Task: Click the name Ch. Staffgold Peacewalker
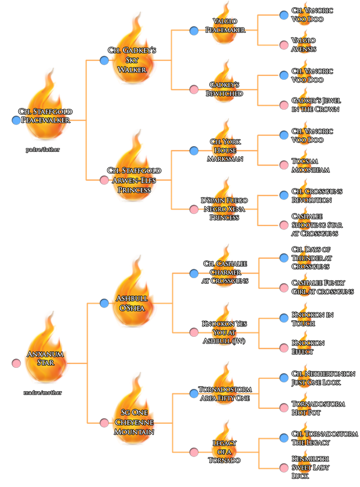click(48, 116)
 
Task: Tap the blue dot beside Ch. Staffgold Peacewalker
click(16, 120)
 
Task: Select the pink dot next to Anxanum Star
click(16, 364)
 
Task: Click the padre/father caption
click(42, 150)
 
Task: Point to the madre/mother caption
click(43, 393)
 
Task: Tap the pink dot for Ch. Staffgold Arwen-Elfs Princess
click(104, 180)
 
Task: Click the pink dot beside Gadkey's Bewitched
click(194, 89)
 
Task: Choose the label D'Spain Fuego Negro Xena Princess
click(225, 208)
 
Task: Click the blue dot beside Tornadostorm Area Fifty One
click(194, 393)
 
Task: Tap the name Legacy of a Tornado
click(225, 452)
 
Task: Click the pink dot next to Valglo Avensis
click(284, 45)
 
